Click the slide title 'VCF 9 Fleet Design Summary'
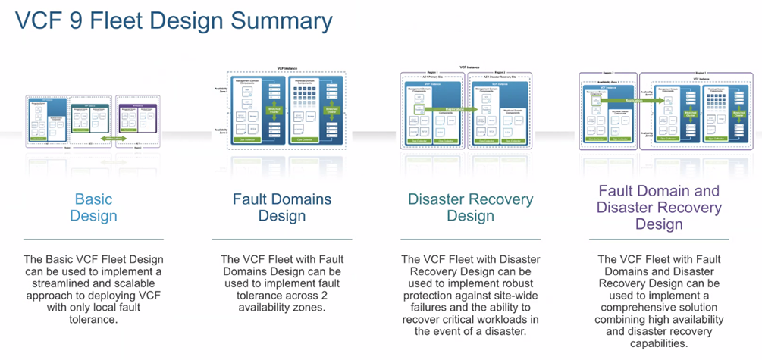[174, 20]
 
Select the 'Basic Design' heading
[93, 208]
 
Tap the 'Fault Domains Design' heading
[281, 208]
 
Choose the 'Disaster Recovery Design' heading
[470, 208]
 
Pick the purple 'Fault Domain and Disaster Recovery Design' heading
[658, 208]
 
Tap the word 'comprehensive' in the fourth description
[638, 308]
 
